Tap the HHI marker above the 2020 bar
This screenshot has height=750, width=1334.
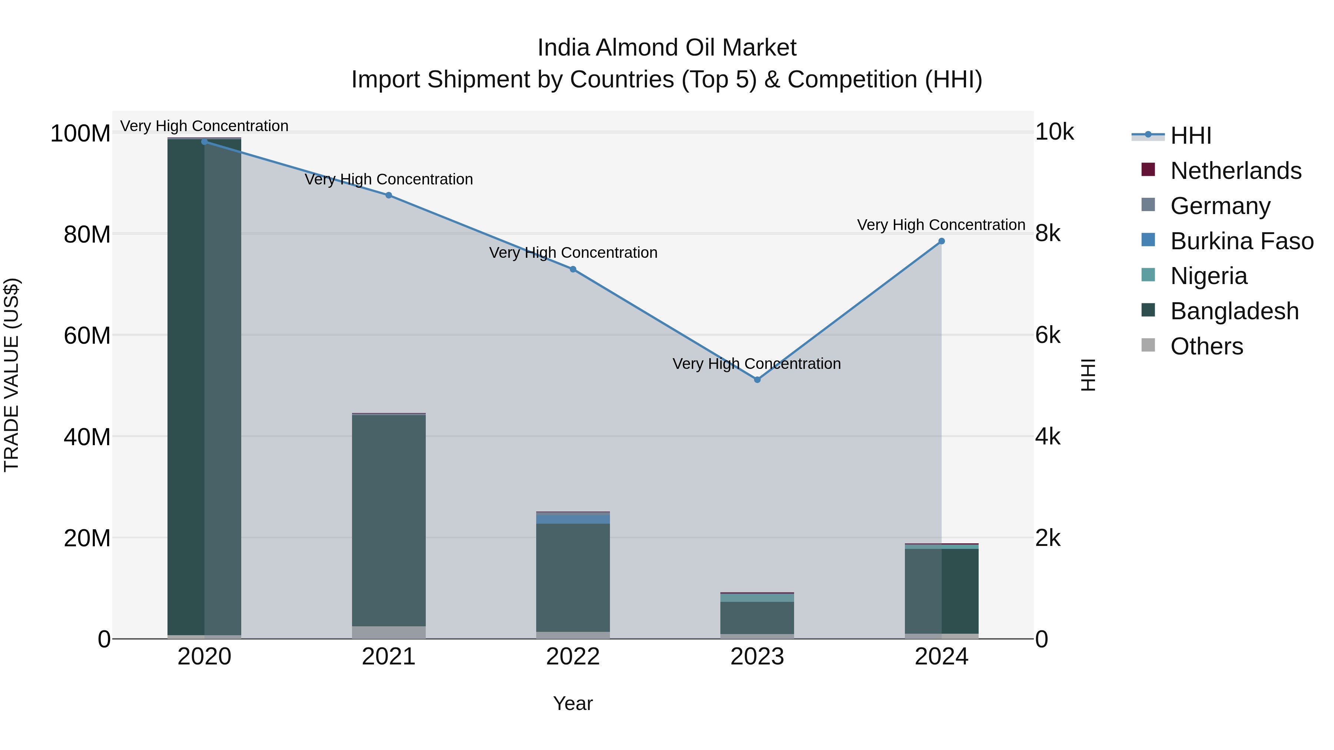point(205,141)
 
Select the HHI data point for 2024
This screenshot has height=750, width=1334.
point(942,241)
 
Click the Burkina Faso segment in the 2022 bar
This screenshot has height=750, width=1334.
point(573,519)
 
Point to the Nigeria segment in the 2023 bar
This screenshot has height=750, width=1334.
point(757,598)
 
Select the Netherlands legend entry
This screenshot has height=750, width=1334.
point(1235,171)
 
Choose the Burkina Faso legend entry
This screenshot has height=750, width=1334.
point(1242,241)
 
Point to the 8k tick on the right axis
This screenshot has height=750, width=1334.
point(1048,234)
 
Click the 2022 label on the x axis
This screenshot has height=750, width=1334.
point(573,657)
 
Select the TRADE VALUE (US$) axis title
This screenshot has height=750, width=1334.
point(11,375)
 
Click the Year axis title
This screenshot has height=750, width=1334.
point(573,703)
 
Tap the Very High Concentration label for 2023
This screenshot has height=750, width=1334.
point(757,364)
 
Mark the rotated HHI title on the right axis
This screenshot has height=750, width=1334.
point(1089,375)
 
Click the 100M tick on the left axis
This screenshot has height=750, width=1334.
point(80,134)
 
